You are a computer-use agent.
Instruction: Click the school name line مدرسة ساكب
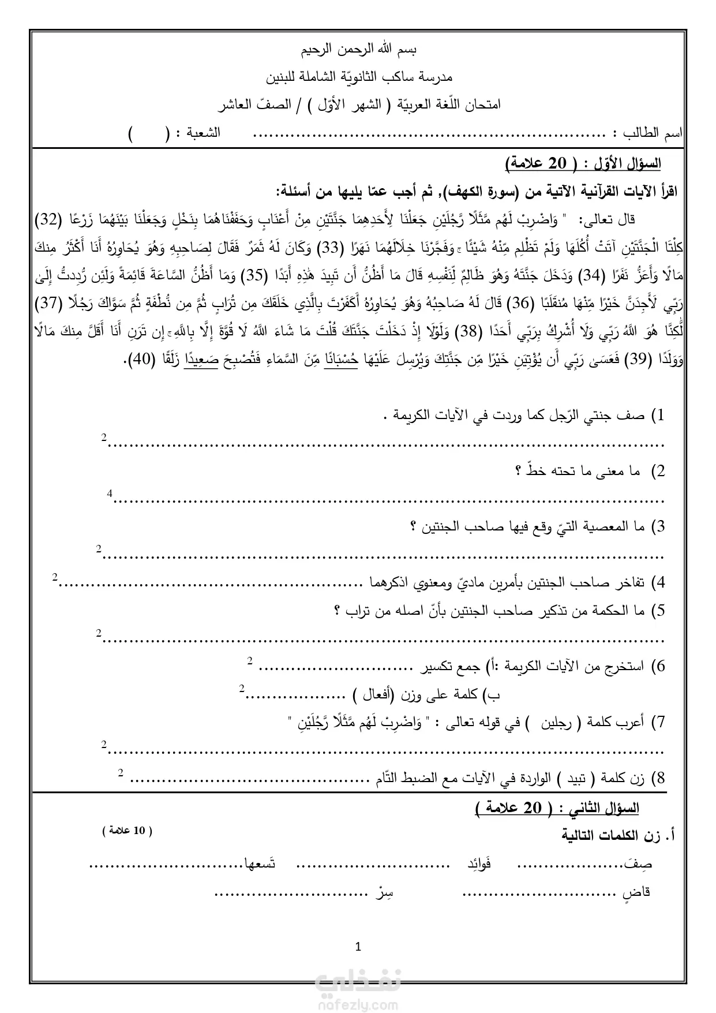359,77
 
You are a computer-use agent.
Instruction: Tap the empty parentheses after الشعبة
148,134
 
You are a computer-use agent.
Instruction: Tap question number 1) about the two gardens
658,415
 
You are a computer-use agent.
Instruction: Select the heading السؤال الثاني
603,808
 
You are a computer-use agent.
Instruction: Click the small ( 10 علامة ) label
127,831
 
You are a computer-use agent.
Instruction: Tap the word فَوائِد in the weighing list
479,864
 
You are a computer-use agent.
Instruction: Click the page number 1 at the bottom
358,947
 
